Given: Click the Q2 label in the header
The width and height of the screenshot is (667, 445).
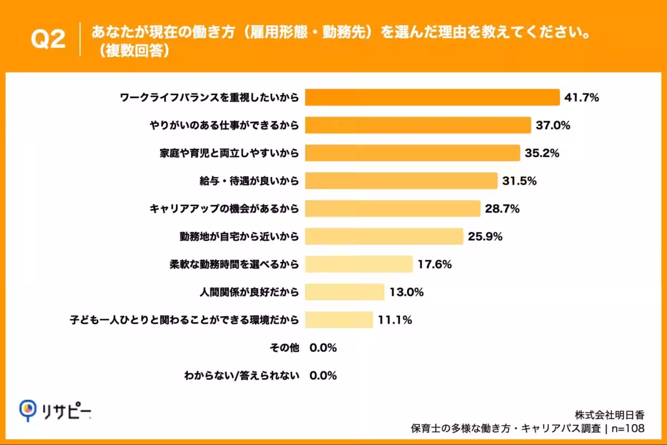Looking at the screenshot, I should point(47,39).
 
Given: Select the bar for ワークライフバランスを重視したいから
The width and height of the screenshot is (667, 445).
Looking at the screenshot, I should point(432,97).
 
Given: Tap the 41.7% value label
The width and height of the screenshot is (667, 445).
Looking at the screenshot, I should point(581,98).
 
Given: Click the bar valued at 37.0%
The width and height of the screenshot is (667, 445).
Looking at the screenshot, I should point(418,125).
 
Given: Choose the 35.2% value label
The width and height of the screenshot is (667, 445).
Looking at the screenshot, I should point(542,153).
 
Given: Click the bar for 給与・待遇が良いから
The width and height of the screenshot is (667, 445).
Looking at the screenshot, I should point(401,181).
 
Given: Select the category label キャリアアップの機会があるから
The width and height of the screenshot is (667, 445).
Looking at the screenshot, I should point(224,209).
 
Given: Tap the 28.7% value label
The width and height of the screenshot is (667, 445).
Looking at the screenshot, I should point(502,209).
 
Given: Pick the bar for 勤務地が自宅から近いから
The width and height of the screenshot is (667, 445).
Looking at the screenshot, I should point(384,236).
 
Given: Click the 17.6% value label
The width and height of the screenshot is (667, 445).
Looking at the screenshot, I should point(435,265).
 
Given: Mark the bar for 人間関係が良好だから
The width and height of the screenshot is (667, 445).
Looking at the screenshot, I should point(345,292).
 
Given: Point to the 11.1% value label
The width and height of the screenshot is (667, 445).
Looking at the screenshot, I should point(395,320).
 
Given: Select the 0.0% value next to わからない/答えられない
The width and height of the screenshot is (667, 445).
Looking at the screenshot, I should point(323,375).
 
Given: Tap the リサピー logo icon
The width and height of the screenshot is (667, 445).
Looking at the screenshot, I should point(27,410).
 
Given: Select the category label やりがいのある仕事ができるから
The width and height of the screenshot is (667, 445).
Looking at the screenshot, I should point(224,126).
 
